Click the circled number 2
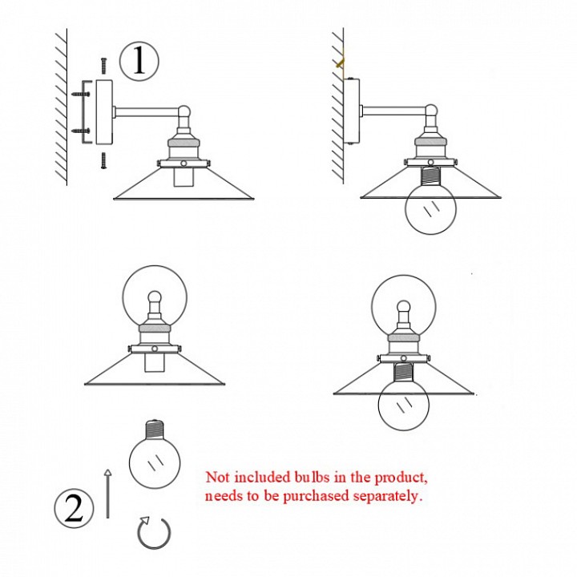click(x=74, y=508)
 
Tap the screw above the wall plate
click(x=103, y=66)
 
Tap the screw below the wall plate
click(x=103, y=160)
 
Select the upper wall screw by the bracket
click(x=80, y=95)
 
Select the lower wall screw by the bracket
click(x=80, y=131)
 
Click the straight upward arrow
click(x=107, y=494)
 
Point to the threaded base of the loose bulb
click(x=155, y=429)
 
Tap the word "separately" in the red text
click(x=388, y=496)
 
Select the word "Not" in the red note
click(x=217, y=478)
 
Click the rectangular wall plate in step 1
click(x=104, y=112)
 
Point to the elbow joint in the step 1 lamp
click(x=184, y=112)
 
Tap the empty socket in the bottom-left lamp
click(x=154, y=363)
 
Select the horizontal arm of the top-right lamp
click(x=393, y=111)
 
